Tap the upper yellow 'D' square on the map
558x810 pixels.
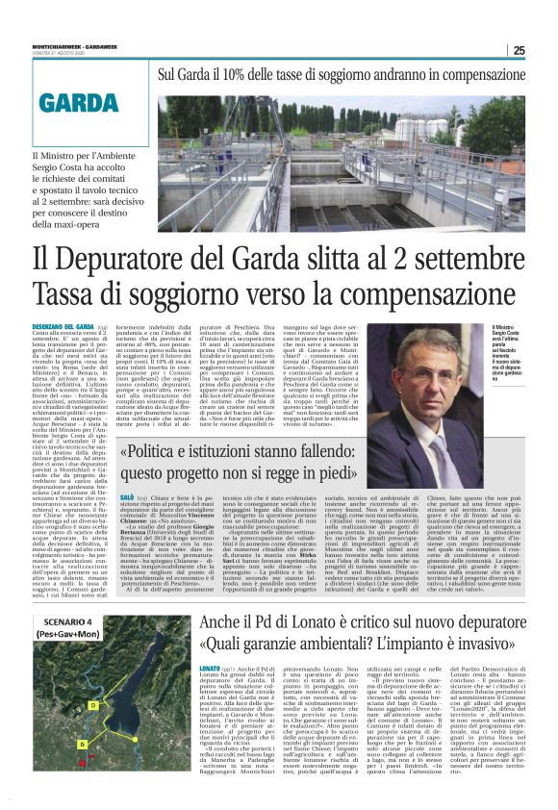coord(91,705)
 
